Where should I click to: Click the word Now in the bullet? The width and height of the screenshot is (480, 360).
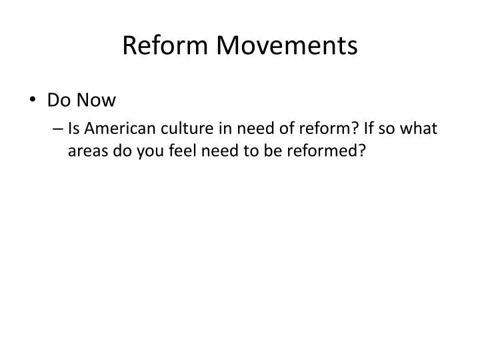(96, 101)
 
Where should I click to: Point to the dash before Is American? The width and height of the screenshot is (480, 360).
(59, 128)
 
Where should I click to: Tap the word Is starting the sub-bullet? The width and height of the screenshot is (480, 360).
(73, 128)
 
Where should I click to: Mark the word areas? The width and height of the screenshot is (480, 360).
(86, 151)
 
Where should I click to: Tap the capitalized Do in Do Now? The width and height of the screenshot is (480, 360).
(59, 101)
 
